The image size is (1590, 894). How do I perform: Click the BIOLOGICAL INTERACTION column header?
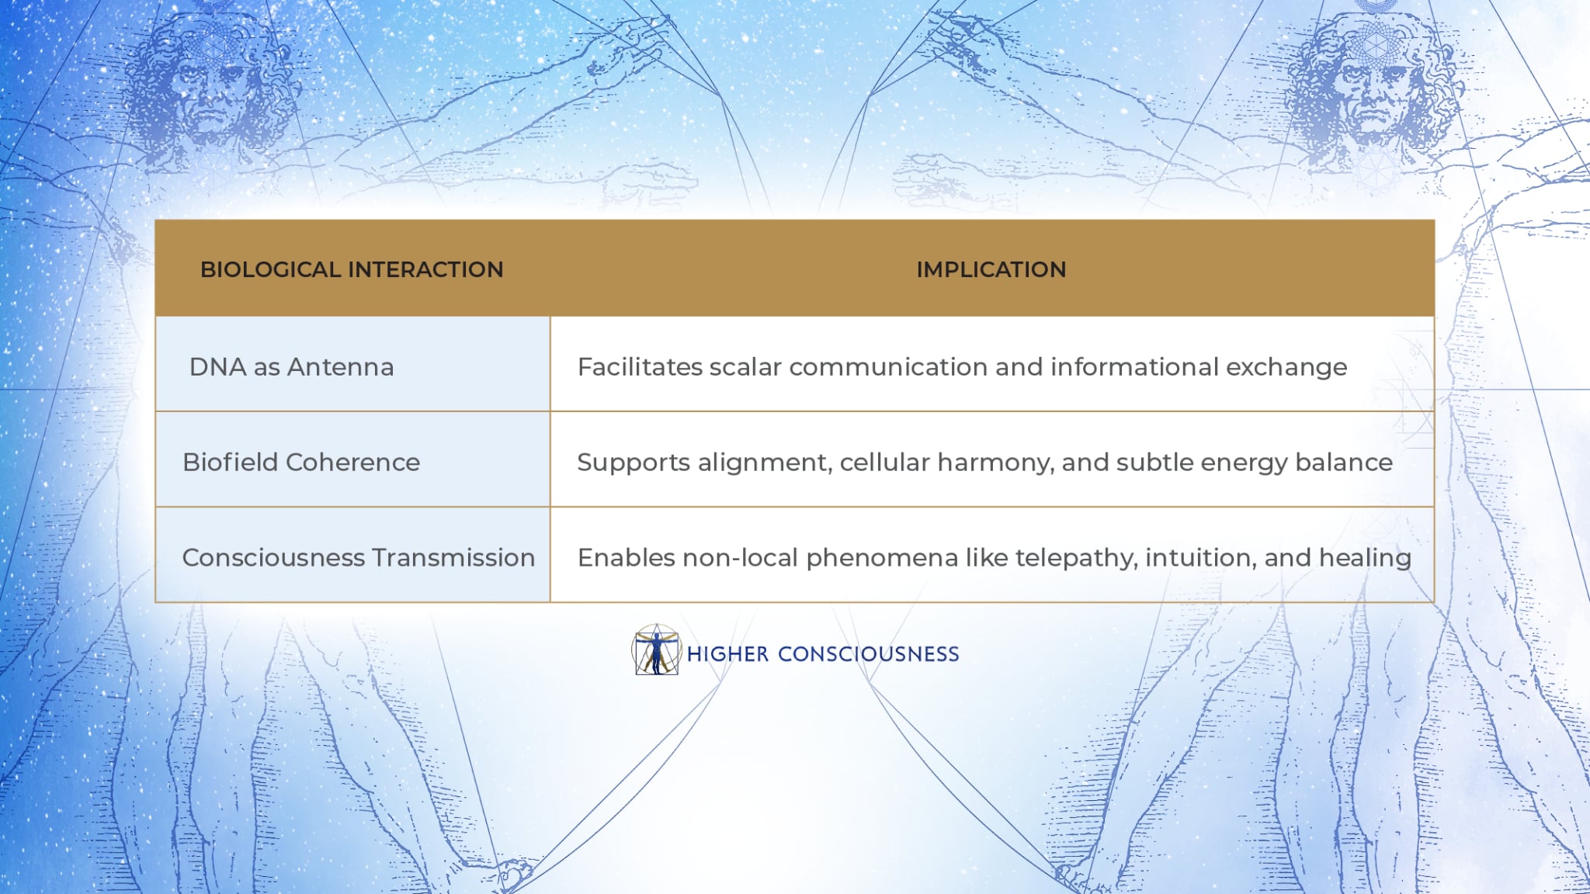point(352,269)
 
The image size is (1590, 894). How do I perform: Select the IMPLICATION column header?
point(991,269)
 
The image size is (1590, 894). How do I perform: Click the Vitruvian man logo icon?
point(657,650)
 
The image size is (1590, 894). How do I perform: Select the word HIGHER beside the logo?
point(727,654)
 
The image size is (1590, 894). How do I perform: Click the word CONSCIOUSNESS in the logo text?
point(868,654)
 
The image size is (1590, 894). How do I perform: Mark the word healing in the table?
point(1366,559)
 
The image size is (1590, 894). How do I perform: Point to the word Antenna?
point(341,366)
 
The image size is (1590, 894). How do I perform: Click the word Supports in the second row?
point(634,463)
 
